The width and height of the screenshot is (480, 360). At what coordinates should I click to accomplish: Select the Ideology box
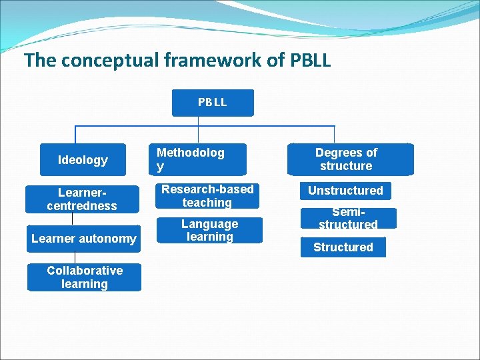[83, 160]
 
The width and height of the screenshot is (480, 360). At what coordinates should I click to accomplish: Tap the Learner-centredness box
[82, 198]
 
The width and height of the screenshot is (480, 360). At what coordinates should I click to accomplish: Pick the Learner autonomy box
[83, 239]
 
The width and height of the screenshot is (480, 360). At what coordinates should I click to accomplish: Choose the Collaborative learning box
[84, 277]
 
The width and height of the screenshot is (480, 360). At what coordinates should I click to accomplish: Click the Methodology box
[196, 159]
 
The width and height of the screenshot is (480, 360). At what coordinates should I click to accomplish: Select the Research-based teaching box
[207, 195]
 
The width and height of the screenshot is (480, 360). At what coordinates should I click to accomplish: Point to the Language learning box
[209, 231]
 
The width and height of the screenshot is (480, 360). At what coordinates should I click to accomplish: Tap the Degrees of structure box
[346, 159]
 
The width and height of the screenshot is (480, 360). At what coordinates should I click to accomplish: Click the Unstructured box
[345, 191]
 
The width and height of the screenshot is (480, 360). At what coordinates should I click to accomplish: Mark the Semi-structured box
[347, 218]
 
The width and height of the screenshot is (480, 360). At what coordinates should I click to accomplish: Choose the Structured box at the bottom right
[343, 247]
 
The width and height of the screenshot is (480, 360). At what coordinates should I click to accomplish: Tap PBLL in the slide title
[311, 61]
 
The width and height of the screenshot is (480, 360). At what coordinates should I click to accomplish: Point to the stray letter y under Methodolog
[160, 167]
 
